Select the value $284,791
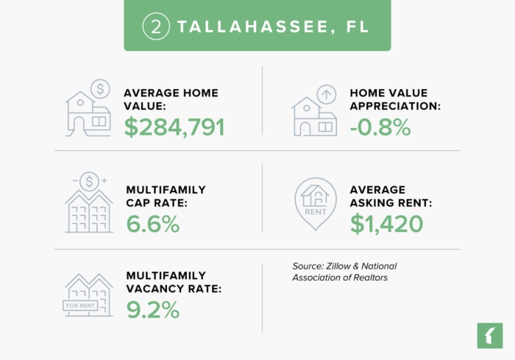click(174, 127)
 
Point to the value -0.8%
click(380, 127)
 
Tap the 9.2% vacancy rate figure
click(152, 310)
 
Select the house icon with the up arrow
click(316, 110)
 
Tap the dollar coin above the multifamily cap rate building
click(90, 180)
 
